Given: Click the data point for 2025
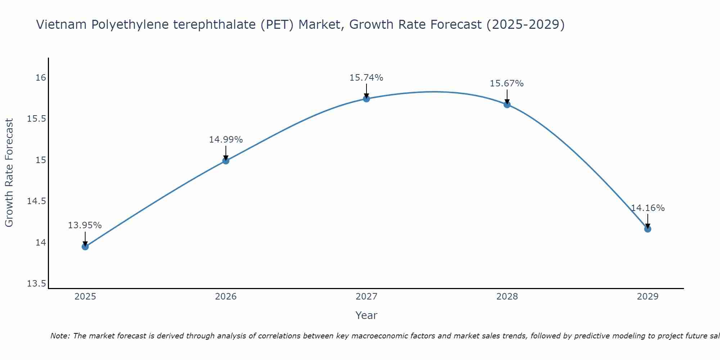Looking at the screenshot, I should (x=85, y=247).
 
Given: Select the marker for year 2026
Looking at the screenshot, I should (x=226, y=161).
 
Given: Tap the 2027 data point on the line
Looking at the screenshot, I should (x=366, y=99).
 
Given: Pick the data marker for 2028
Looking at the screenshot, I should (x=507, y=105).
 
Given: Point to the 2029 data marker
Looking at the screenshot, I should (x=648, y=229).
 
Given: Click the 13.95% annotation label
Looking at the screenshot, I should (x=85, y=225).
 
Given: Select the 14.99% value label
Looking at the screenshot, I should (x=226, y=139).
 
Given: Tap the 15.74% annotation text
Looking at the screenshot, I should (x=366, y=77).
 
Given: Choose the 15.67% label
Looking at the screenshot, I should (x=507, y=84).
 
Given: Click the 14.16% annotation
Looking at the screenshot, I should (x=648, y=208).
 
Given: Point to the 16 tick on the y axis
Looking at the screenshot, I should (x=41, y=78).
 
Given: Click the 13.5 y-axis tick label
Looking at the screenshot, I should (x=36, y=284).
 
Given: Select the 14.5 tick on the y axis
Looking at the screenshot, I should (x=36, y=201).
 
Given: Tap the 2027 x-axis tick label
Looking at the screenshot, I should (x=366, y=297).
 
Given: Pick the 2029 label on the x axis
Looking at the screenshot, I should (x=648, y=297).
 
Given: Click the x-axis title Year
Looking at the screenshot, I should (x=366, y=315).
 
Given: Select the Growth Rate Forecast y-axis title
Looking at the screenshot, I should (x=9, y=173).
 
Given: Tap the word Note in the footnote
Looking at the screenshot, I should (x=59, y=336).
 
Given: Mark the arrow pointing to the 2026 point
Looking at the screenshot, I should (x=226, y=153).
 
